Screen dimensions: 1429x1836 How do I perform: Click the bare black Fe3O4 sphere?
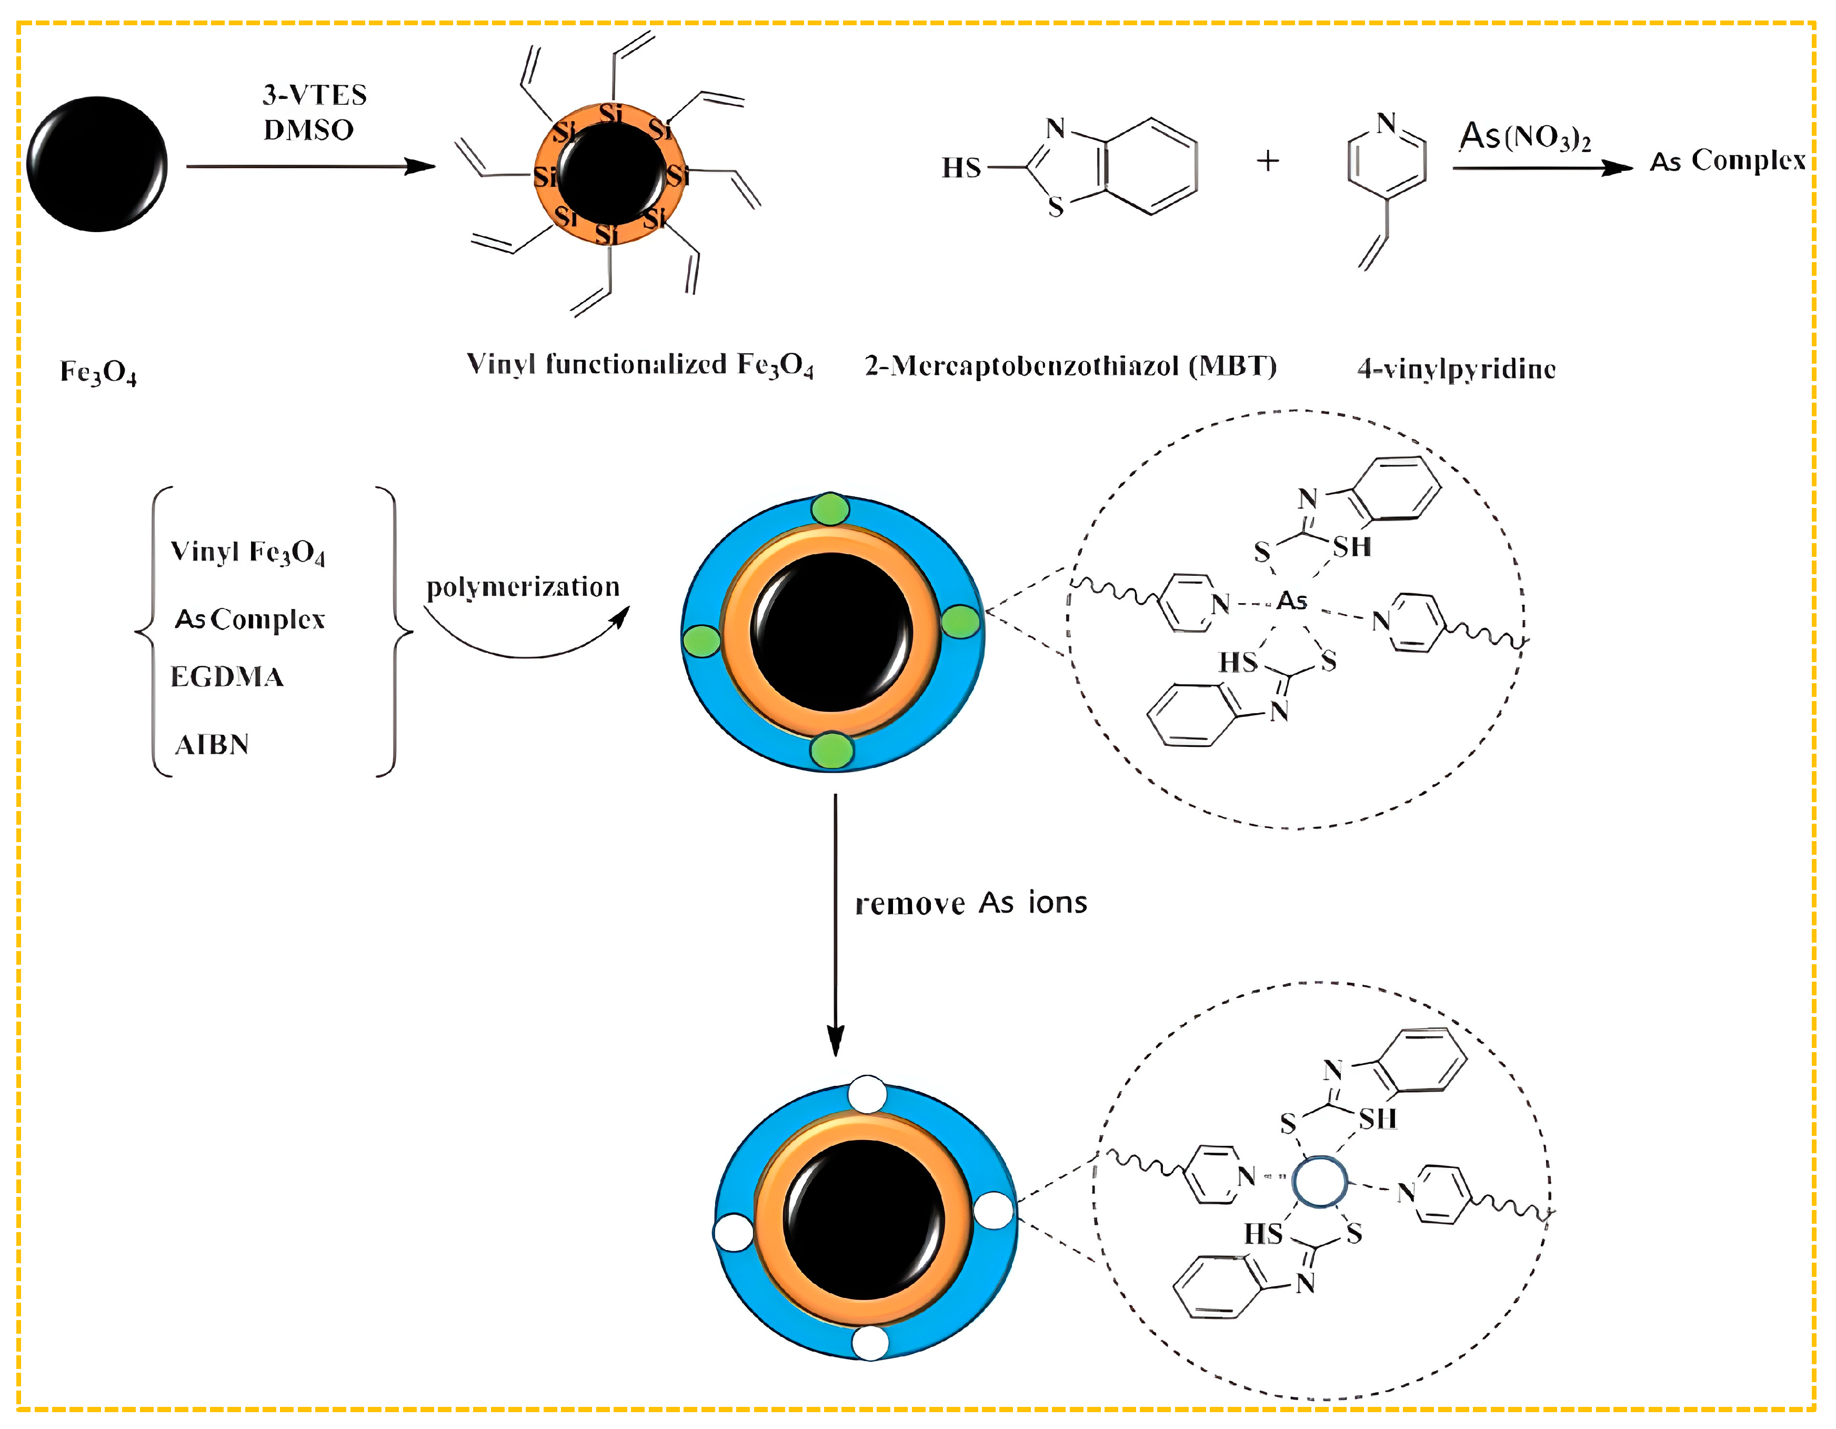coord(97,164)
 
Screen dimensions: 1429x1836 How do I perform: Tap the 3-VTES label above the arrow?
coord(314,95)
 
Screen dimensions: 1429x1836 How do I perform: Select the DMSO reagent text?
coord(308,131)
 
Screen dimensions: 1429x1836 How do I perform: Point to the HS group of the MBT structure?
coord(961,168)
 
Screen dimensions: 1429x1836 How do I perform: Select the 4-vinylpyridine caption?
coord(1456,369)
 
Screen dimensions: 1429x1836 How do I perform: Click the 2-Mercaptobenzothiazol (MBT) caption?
coord(1070,366)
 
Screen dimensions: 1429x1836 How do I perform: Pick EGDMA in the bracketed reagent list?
coord(227,677)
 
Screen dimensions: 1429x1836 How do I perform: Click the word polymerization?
coord(523,587)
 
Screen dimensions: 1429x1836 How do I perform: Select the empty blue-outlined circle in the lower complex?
coord(1319,1182)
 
